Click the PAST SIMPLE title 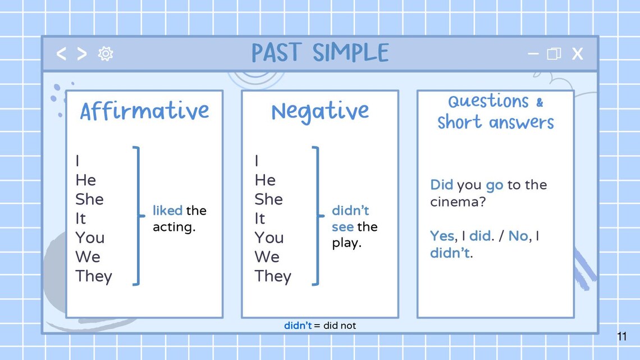click(320, 53)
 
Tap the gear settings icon click(106, 53)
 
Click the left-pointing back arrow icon click(62, 53)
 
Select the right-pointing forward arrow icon click(82, 53)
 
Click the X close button click(577, 54)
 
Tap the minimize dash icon click(533, 54)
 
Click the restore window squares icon click(554, 54)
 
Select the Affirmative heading click(144, 111)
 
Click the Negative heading click(320, 112)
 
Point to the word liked click(167, 211)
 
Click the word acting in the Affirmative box click(173, 227)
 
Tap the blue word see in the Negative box click(342, 227)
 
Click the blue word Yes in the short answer click(442, 236)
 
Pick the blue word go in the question click(494, 185)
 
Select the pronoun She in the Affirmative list click(89, 199)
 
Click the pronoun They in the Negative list click(273, 276)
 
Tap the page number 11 click(621, 337)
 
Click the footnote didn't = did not click(320, 326)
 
